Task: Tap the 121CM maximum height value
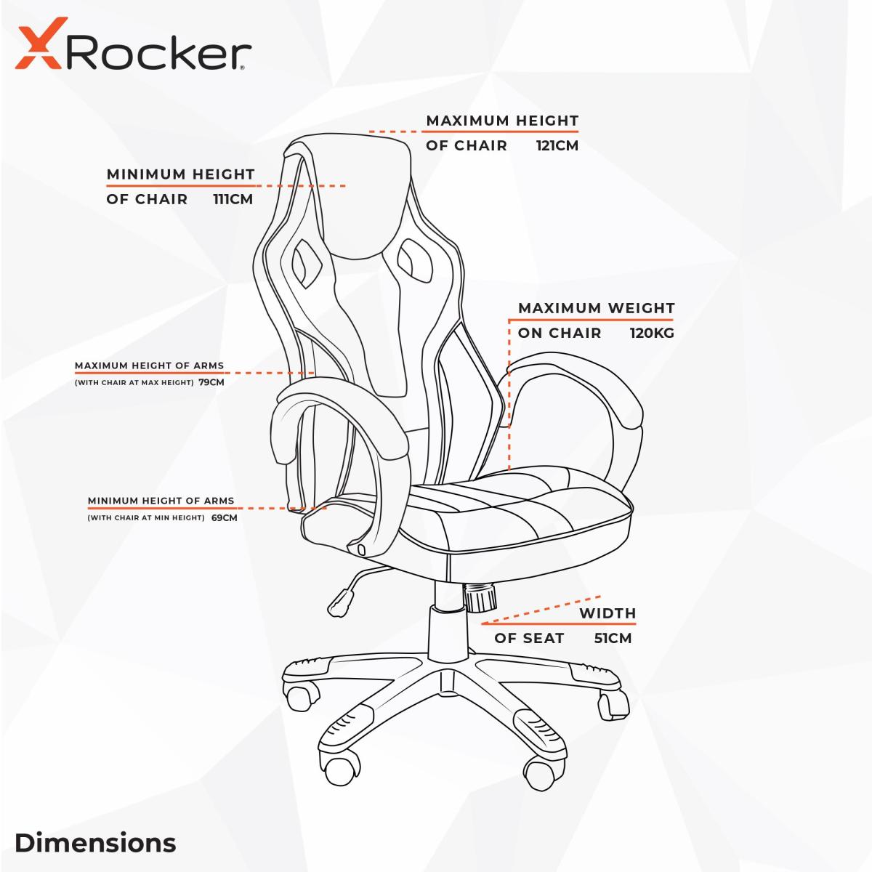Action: pos(557,145)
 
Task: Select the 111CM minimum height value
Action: pos(233,199)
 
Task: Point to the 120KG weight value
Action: pos(652,334)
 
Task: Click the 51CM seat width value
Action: pos(612,639)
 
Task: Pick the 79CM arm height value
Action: pos(211,382)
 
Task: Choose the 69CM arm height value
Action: pos(225,518)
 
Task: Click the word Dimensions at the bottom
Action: pos(95,843)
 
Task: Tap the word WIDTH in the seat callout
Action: pos(607,613)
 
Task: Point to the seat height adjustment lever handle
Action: pos(337,605)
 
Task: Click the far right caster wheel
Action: pos(613,703)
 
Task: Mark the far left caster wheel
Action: pos(300,698)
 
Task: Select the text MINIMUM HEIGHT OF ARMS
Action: pos(161,501)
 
